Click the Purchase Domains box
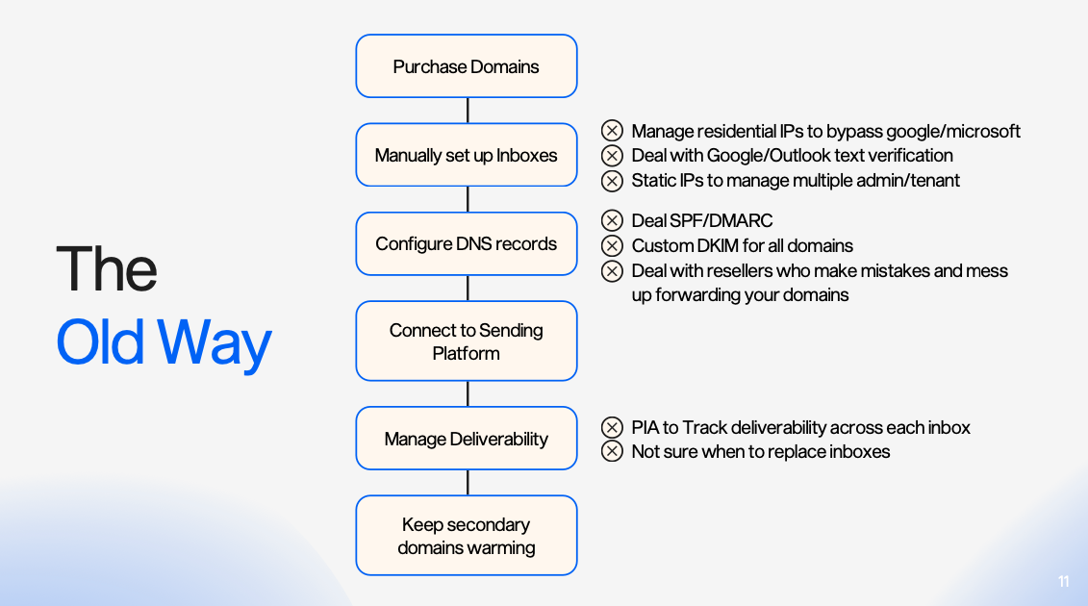point(467,66)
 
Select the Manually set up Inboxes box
point(467,155)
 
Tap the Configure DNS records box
point(467,243)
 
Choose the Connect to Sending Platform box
point(467,341)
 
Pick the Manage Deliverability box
point(467,439)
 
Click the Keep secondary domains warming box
point(467,536)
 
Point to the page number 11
point(1063,582)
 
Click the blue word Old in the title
point(101,342)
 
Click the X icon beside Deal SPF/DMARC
point(612,221)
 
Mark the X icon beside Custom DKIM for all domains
point(612,245)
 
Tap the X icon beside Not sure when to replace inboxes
point(612,451)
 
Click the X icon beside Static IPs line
point(612,180)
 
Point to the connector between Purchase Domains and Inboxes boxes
point(468,111)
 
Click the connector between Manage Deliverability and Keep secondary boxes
point(468,482)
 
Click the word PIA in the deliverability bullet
point(645,427)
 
